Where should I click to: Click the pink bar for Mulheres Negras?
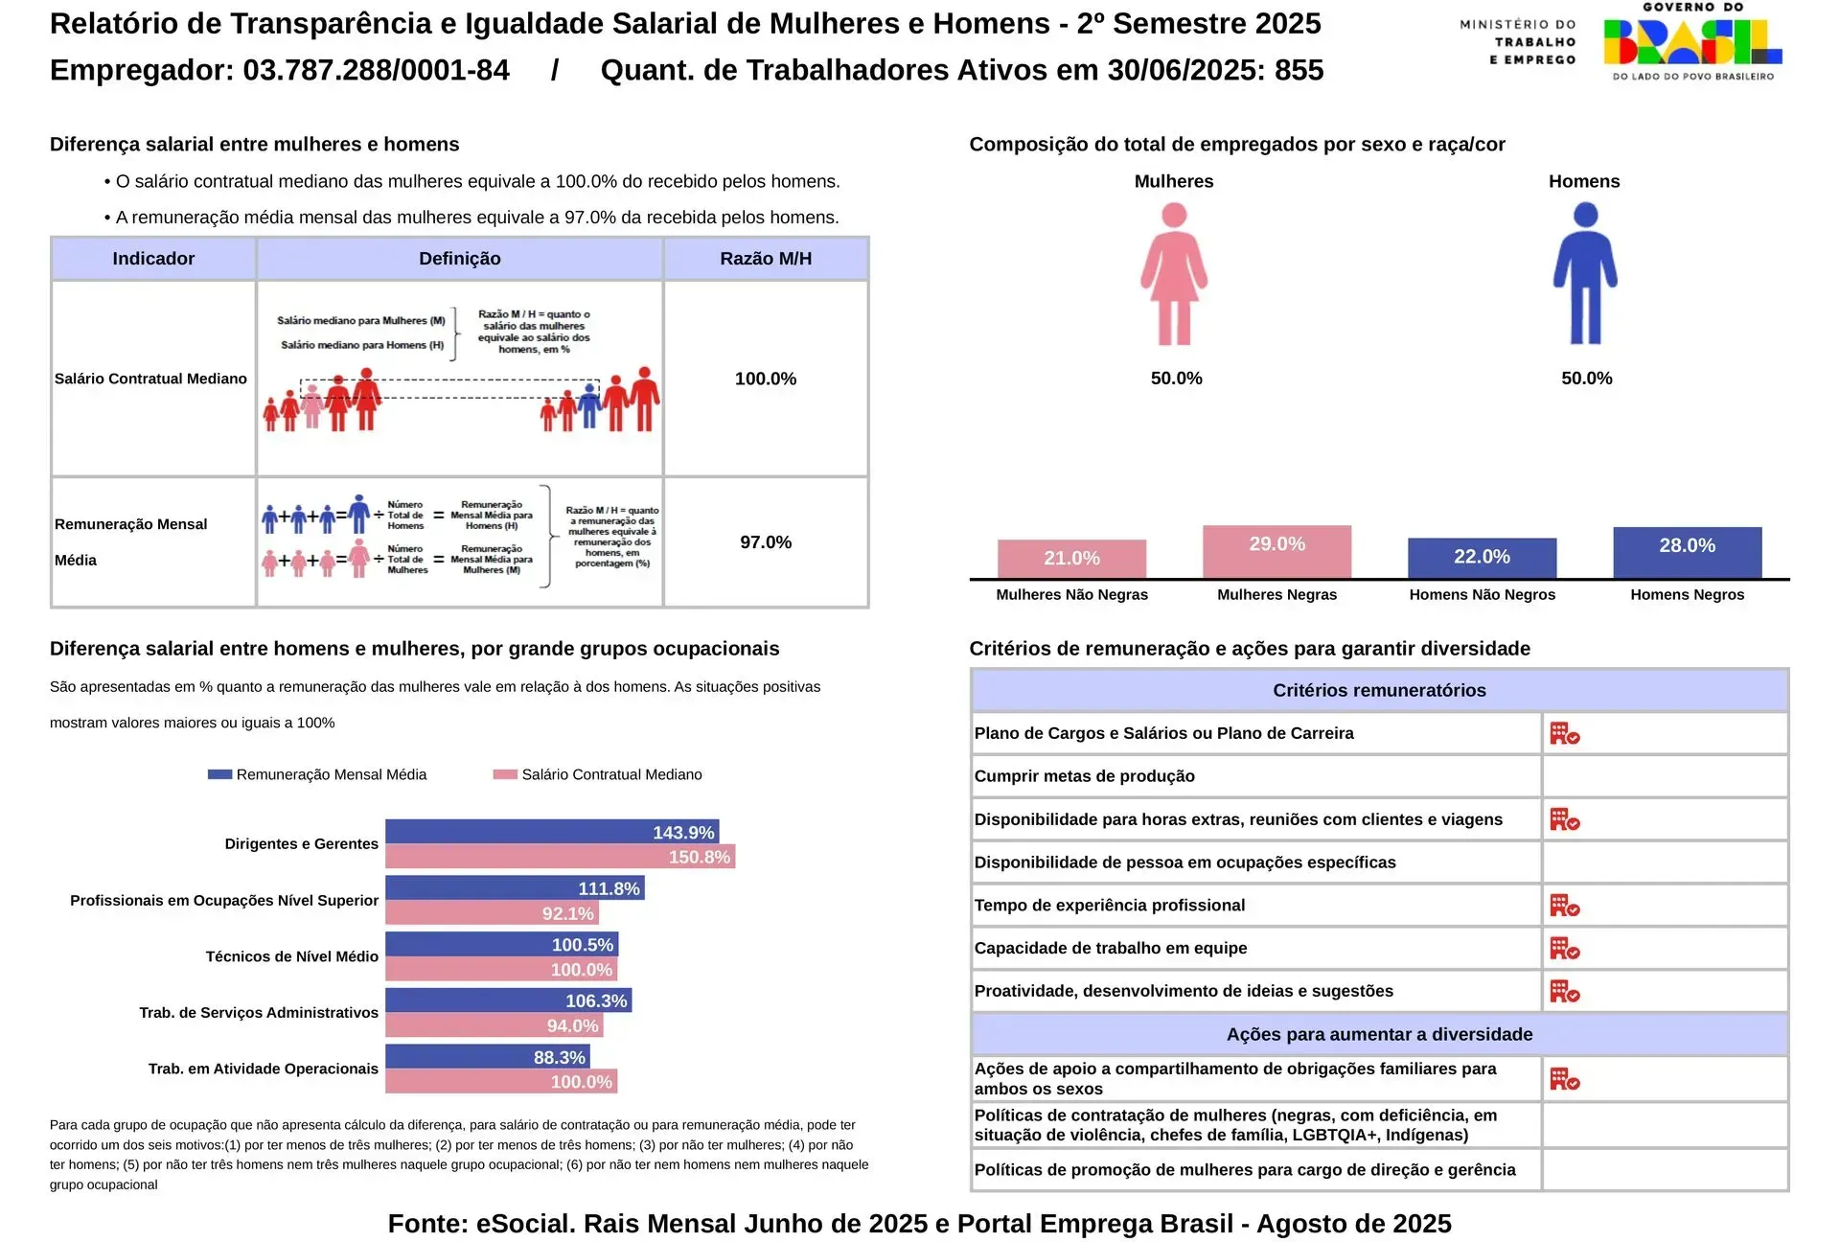[x=1276, y=551]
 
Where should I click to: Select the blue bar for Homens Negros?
[x=1687, y=552]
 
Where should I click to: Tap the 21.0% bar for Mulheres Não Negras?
[x=1071, y=559]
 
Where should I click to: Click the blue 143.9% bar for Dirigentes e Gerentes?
[x=551, y=832]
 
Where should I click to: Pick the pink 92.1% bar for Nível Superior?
[x=492, y=913]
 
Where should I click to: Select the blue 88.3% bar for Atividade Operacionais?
[x=487, y=1057]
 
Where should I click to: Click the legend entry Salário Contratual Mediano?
[x=610, y=774]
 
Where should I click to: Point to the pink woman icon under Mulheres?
[x=1174, y=274]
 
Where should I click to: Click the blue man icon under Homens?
[x=1585, y=274]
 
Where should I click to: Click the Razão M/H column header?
[x=766, y=259]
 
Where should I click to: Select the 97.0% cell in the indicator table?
[x=766, y=542]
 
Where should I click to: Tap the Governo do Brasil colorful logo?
[x=1692, y=43]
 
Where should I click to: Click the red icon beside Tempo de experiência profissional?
[x=1564, y=906]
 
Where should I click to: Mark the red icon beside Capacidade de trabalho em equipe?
[x=1564, y=949]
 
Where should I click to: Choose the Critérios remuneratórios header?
[x=1379, y=690]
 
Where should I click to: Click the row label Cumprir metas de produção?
[x=1084, y=776]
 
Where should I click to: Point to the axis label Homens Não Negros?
[x=1482, y=594]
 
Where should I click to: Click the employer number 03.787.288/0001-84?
[x=376, y=70]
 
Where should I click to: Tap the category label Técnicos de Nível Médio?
[x=291, y=956]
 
